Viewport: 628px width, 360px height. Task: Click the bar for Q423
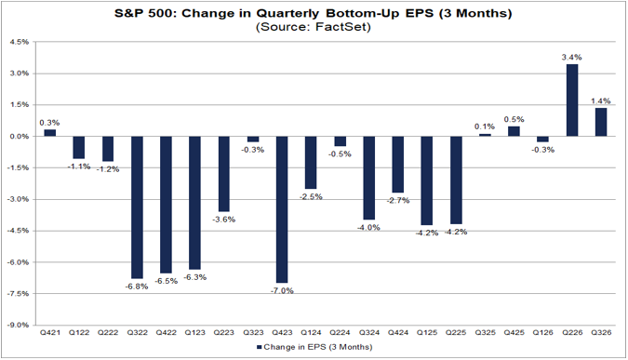pyautogui.click(x=282, y=209)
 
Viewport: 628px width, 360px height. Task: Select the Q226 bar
pyautogui.click(x=572, y=100)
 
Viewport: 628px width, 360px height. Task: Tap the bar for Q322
pyautogui.click(x=137, y=207)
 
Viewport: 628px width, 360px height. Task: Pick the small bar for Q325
pyautogui.click(x=485, y=135)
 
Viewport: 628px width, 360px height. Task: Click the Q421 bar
pyautogui.click(x=49, y=133)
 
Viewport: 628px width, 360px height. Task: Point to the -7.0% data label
pyautogui.click(x=282, y=291)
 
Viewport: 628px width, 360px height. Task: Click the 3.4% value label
pyautogui.click(x=571, y=58)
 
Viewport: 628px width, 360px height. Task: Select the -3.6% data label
pyautogui.click(x=224, y=220)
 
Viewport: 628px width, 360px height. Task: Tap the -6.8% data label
pyautogui.click(x=137, y=287)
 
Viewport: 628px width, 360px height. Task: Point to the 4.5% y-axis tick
pyautogui.click(x=20, y=42)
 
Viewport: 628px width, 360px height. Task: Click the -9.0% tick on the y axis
pyautogui.click(x=19, y=326)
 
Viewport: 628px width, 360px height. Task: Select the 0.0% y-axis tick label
pyautogui.click(x=20, y=137)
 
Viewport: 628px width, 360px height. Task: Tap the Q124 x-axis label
pyautogui.click(x=311, y=332)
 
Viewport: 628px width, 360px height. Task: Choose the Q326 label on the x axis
pyautogui.click(x=601, y=332)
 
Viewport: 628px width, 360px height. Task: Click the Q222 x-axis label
pyautogui.click(x=108, y=332)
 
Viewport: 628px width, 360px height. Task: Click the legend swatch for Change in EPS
pyautogui.click(x=260, y=347)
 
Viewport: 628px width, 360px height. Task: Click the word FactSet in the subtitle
pyautogui.click(x=342, y=27)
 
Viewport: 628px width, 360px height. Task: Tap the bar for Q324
pyautogui.click(x=368, y=178)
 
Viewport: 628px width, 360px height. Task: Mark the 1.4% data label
pyautogui.click(x=601, y=100)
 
